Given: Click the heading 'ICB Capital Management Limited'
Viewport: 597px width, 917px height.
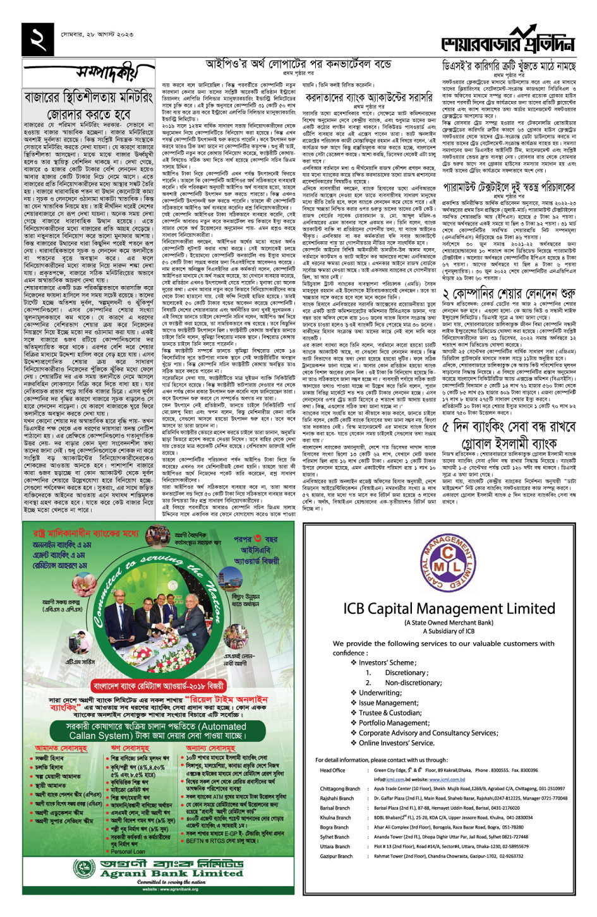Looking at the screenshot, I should click(449, 609).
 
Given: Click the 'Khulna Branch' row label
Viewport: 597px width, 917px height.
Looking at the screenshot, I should click(335, 817).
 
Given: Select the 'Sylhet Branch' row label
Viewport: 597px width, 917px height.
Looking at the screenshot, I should click(334, 837).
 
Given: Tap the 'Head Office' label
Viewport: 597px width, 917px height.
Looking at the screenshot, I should click(332, 770).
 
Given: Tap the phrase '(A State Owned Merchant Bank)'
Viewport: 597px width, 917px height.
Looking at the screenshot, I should click(449, 623).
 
